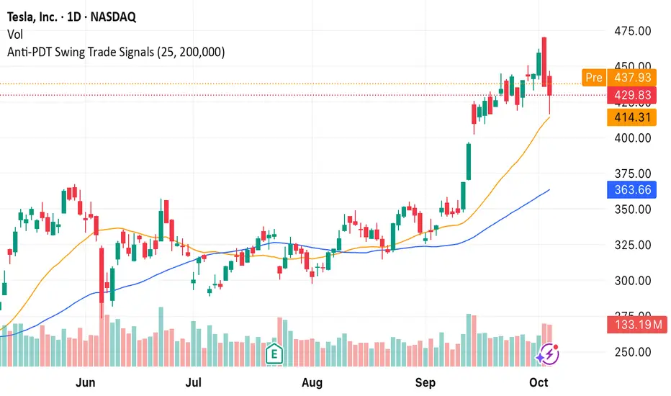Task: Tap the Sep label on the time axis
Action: pos(426,382)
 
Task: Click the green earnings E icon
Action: pos(274,353)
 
